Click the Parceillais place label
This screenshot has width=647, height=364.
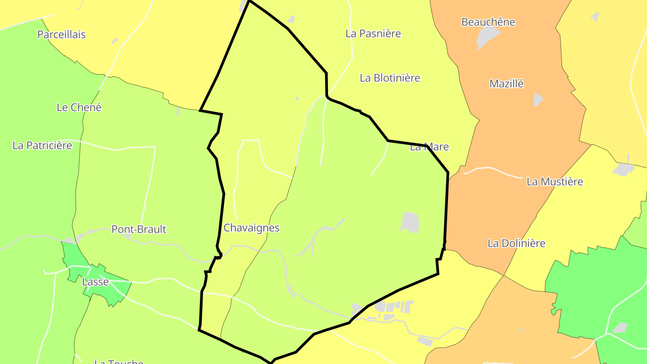point(61,35)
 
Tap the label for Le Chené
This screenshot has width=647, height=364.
point(79,107)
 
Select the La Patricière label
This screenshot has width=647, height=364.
point(42,145)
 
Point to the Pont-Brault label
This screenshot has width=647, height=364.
point(139,229)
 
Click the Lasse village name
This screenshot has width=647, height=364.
point(95,282)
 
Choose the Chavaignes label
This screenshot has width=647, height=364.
point(251,228)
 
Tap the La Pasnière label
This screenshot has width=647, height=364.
point(373,34)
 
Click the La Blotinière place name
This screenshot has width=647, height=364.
point(390,78)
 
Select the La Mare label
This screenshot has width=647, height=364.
point(429,147)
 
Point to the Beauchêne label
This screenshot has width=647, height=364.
point(488,22)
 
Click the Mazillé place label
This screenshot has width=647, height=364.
point(506,84)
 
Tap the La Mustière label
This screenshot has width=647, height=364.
point(554,182)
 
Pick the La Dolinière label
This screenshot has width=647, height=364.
point(516,243)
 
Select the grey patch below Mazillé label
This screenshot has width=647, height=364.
point(538,100)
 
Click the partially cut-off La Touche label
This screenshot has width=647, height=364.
point(119,361)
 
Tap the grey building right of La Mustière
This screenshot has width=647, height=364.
point(623,169)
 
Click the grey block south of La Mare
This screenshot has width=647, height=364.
point(410,222)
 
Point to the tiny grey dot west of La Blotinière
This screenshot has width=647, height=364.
point(297,98)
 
